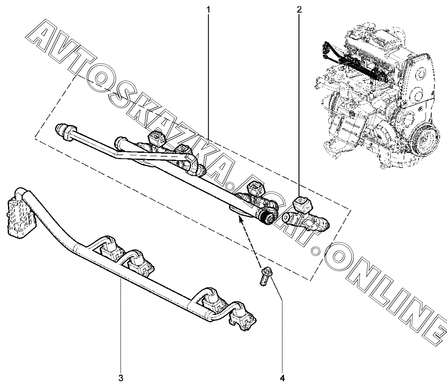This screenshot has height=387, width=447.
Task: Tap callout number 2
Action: point(299,10)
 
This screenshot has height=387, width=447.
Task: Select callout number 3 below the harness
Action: point(121,378)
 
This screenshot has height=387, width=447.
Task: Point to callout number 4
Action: point(282,378)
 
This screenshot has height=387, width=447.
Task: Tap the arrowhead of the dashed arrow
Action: point(239,219)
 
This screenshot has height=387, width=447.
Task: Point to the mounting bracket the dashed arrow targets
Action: point(238,211)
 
